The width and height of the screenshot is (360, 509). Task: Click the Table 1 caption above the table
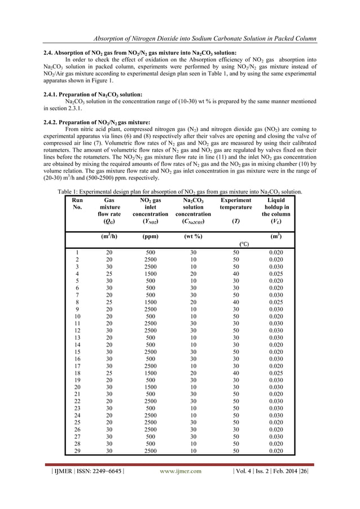click(x=180, y=191)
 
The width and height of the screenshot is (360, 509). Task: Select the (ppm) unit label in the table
click(x=150, y=236)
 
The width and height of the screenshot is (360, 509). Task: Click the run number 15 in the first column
click(x=76, y=352)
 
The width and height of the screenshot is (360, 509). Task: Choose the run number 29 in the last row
click(x=76, y=451)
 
